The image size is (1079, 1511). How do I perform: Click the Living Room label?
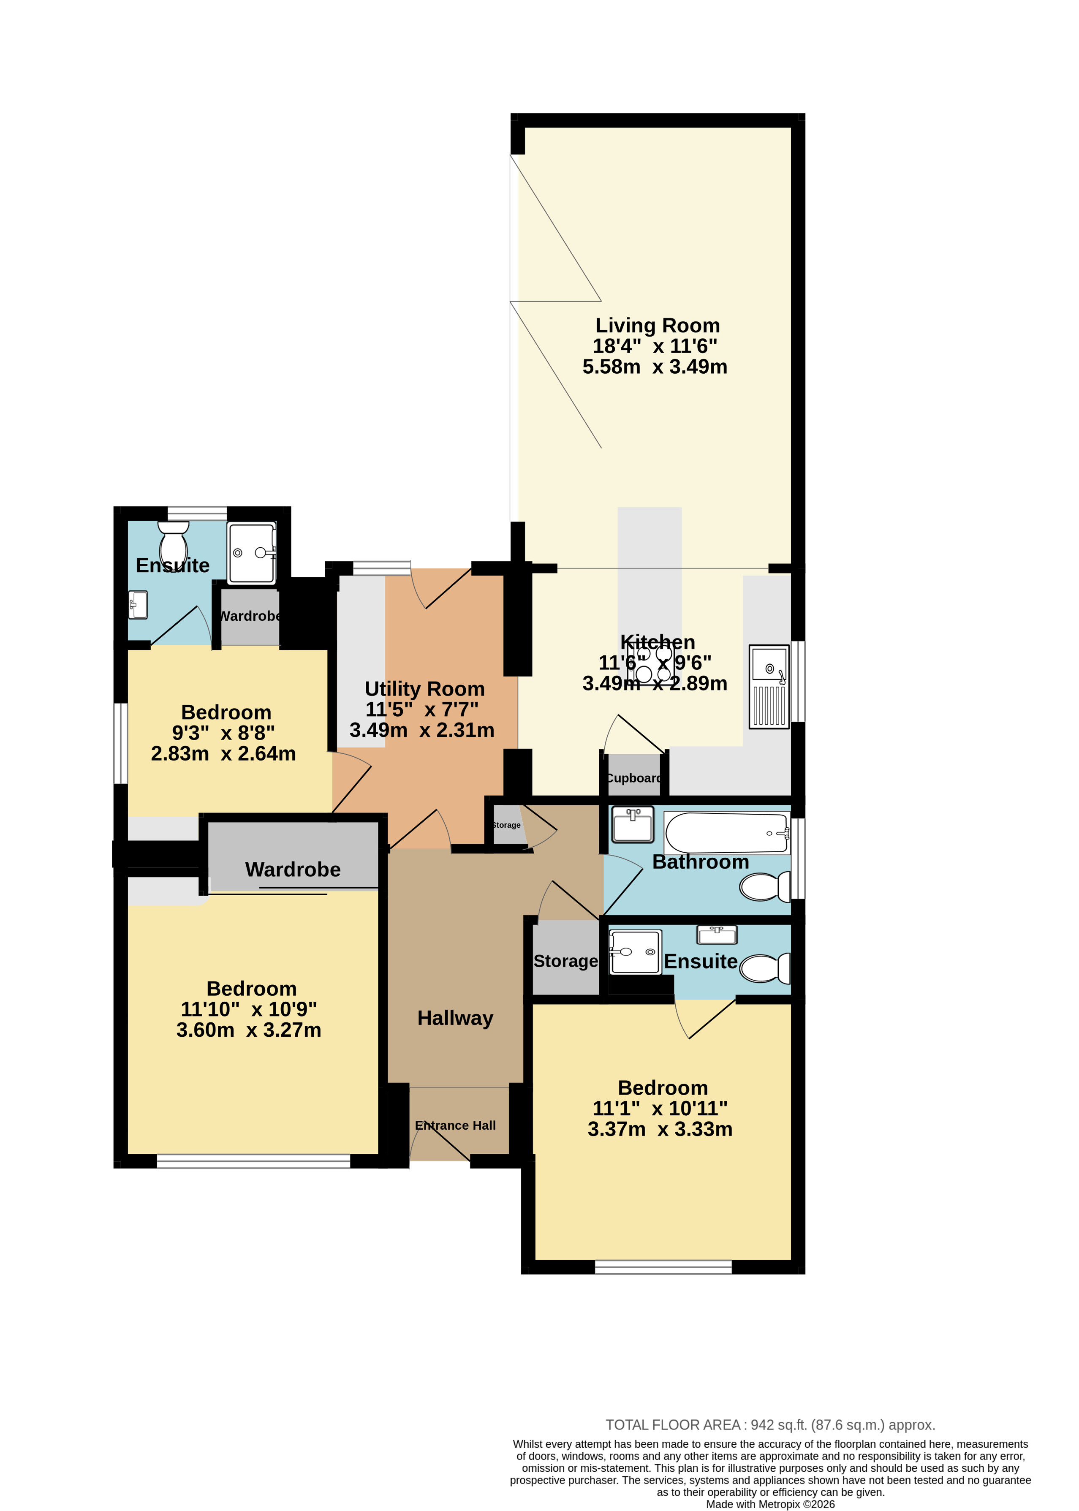[657, 326]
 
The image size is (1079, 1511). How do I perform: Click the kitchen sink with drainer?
[769, 686]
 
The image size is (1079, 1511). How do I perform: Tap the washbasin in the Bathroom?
[633, 825]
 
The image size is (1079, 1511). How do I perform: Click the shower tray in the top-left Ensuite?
[252, 553]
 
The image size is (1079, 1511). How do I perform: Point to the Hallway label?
[455, 1018]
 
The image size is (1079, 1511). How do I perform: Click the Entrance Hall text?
[455, 1125]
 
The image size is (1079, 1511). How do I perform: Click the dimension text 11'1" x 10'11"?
[660, 1108]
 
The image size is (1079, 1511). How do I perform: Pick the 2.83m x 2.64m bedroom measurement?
[223, 753]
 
